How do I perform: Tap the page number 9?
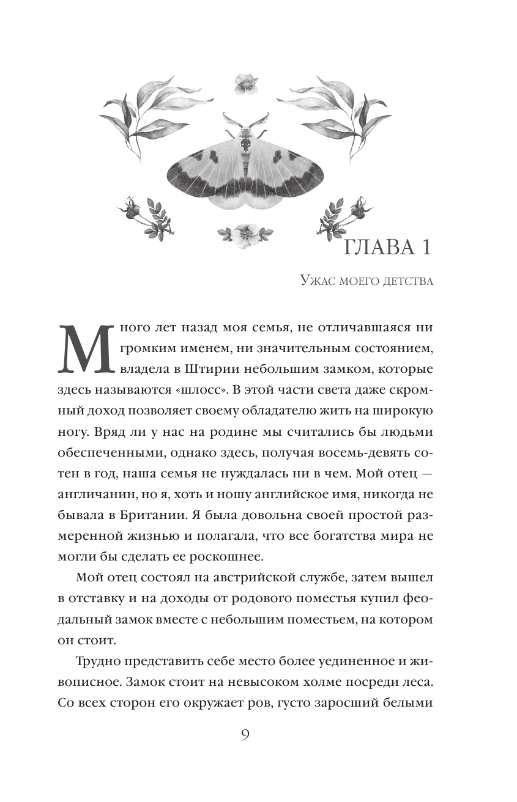245,734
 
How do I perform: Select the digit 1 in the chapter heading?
426,248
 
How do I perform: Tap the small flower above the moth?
245,83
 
